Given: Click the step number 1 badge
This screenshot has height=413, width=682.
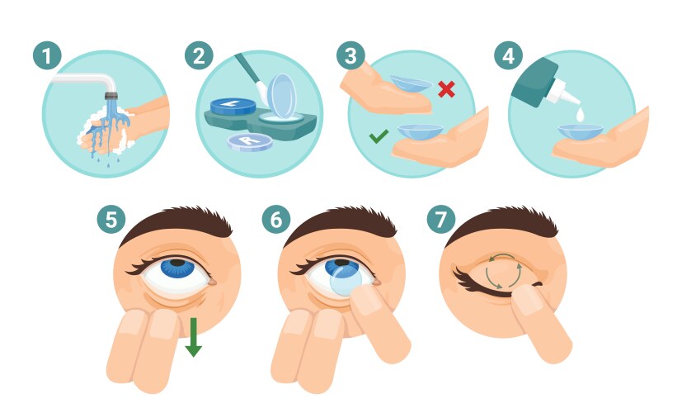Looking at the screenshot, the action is [47, 55].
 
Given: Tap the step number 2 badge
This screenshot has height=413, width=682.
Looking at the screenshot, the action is [199, 55].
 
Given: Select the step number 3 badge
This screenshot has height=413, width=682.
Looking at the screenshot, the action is [350, 55].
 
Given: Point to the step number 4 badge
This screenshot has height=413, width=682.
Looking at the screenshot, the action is [508, 55].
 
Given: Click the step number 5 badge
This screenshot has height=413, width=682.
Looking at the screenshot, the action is [111, 219].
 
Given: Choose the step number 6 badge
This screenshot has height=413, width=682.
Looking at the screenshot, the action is [276, 219].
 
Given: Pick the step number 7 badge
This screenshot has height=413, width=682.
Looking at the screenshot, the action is [441, 219].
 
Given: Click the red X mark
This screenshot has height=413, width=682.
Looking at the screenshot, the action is [446, 89].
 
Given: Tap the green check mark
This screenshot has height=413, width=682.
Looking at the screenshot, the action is [379, 136].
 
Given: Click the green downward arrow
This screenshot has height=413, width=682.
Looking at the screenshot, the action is [193, 337].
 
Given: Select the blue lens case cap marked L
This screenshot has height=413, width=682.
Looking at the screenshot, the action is [233, 107].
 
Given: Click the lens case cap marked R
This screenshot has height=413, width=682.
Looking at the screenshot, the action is [250, 142].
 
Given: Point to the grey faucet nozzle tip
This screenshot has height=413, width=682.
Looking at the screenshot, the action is [111, 96].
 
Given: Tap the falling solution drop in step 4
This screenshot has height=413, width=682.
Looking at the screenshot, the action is [581, 115].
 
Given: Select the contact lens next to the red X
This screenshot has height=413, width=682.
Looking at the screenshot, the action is [411, 83].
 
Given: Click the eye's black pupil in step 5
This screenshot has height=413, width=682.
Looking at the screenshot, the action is [177, 263].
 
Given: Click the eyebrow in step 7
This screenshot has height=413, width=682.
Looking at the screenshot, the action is [502, 223].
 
